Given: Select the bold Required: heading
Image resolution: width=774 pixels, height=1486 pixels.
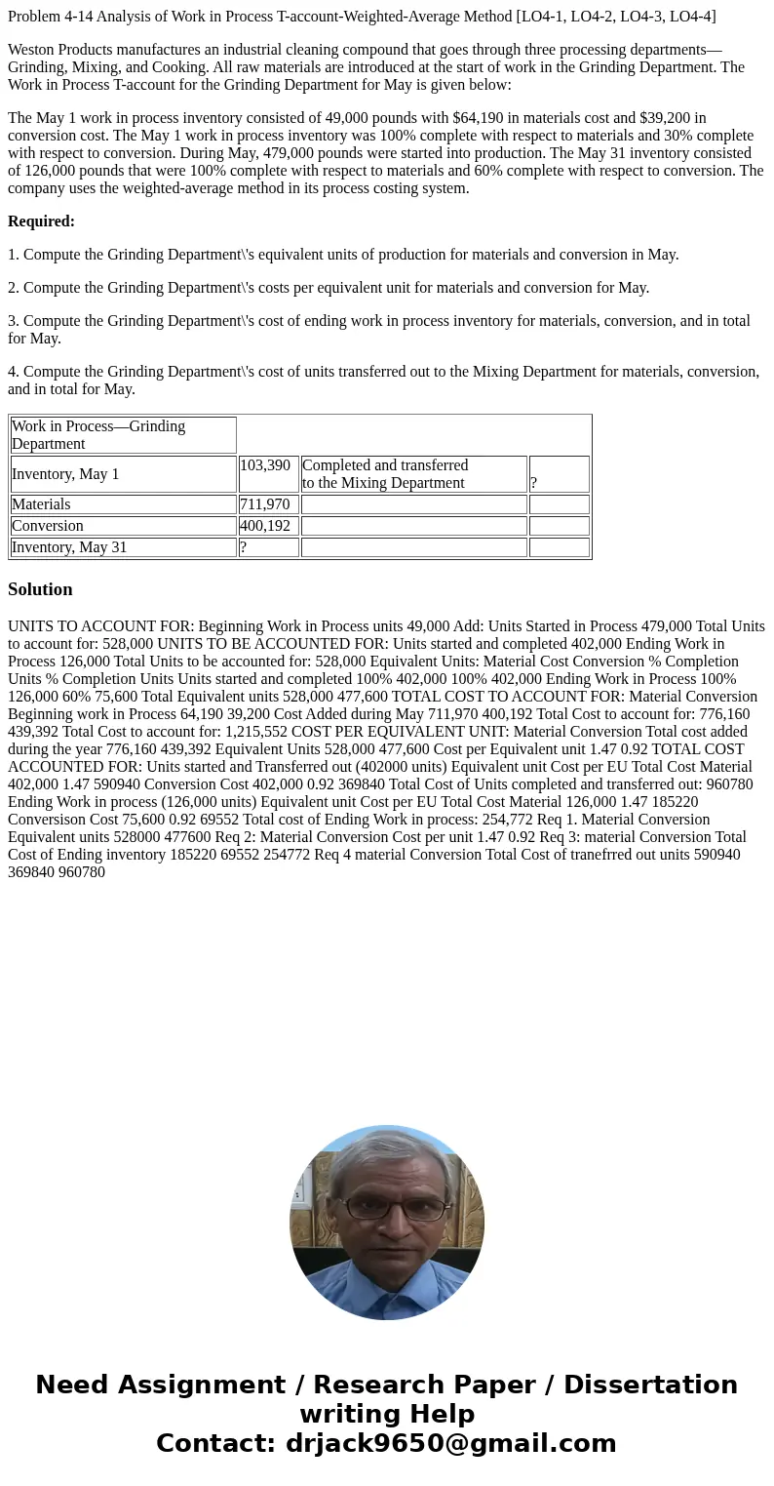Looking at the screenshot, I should [x=41, y=221].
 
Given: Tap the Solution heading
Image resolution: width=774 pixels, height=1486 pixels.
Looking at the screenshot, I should [x=40, y=589].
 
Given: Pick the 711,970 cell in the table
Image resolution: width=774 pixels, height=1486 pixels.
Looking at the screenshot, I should [x=264, y=504].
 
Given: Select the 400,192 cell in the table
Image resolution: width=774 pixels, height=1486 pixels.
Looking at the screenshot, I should [x=264, y=526].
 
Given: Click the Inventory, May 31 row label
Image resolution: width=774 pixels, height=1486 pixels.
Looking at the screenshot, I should [x=69, y=547].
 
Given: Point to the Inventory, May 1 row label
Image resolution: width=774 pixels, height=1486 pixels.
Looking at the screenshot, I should [x=65, y=474].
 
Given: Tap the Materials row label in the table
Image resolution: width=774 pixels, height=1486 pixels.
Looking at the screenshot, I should [x=41, y=504].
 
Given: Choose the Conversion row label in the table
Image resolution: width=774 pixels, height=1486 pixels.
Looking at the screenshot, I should [x=48, y=526].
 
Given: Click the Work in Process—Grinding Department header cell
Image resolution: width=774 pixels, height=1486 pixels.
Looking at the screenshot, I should [x=98, y=435].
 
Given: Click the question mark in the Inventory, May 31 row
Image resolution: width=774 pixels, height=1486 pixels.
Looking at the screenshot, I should [x=244, y=547].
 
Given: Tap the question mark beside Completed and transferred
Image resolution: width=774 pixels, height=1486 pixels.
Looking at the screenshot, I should [x=534, y=483].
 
